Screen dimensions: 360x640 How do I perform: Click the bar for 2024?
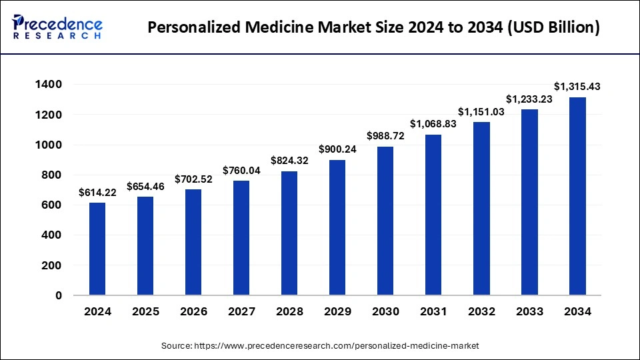(x=97, y=249)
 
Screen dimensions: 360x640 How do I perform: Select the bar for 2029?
(x=337, y=227)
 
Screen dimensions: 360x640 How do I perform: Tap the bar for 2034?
(x=577, y=196)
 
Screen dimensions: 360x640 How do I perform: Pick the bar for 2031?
(x=433, y=215)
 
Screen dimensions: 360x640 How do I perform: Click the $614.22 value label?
(x=97, y=192)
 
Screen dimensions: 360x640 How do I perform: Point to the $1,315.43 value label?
(x=577, y=87)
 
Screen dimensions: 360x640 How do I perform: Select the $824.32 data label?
(x=289, y=161)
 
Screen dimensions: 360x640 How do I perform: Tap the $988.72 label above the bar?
(x=385, y=136)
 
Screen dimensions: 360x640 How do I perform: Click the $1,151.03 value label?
(x=481, y=111)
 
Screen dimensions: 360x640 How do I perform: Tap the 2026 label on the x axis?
(x=193, y=311)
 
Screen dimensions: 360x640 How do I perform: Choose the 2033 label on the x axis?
(x=529, y=311)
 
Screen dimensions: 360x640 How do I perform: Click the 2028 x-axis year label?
(x=289, y=311)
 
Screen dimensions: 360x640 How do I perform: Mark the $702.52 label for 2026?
(x=193, y=179)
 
